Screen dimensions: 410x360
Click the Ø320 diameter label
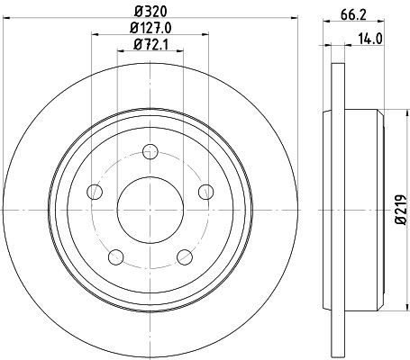[x=150, y=12]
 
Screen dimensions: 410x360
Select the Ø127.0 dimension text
[x=150, y=28]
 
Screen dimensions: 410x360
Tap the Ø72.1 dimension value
[x=150, y=45]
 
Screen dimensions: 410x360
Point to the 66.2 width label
[x=353, y=14]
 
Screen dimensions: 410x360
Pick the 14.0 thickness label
[x=370, y=39]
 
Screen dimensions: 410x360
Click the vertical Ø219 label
[x=401, y=210]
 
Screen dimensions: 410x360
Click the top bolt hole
[x=150, y=151]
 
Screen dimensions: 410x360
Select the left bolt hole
[x=95, y=192]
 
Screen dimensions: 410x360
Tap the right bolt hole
[x=206, y=192]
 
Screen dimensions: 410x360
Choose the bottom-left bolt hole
[x=116, y=257]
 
